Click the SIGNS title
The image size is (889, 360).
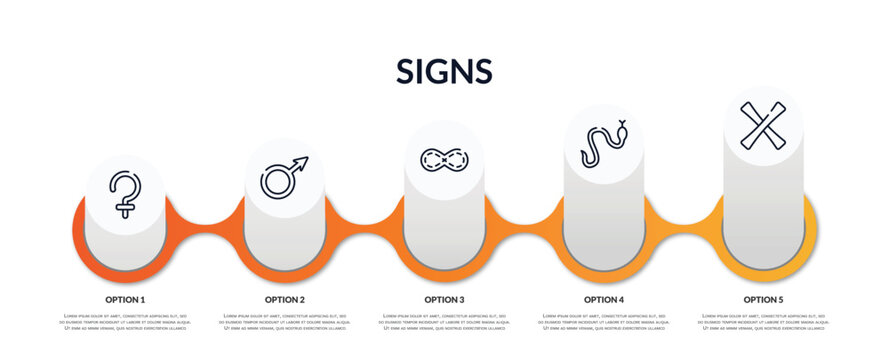coord(444,71)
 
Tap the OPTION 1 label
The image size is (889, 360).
coord(125,299)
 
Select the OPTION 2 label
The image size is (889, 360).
coord(284,299)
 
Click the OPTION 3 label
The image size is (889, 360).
coord(444,299)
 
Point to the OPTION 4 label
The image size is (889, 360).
coord(604,299)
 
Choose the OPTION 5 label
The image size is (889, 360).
coord(763,299)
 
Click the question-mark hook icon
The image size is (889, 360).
coord(126,194)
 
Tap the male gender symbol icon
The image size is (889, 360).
coord(284,176)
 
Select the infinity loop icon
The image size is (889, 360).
coord(444,160)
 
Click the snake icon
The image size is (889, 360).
coord(604,146)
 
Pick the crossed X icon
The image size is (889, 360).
coord(763,125)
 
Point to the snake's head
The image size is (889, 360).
coord(622,128)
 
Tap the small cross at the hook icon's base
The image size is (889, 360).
coord(126,210)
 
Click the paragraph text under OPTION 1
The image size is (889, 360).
coord(125,323)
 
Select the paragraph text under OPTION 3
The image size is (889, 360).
coord(444,323)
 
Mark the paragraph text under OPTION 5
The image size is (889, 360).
coord(763,323)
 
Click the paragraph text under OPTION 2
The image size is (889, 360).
coord(284,323)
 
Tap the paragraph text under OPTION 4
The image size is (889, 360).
coord(604,323)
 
